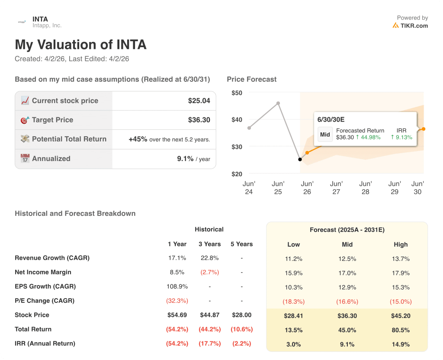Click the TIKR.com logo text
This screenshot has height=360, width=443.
(414, 26)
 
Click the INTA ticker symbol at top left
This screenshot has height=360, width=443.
(40, 19)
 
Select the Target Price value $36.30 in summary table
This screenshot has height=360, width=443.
(199, 120)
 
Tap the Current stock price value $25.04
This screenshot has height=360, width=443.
(199, 101)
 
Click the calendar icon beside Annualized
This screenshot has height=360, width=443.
(25, 158)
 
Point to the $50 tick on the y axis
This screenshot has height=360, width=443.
(237, 93)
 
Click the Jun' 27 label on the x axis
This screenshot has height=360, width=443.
(336, 187)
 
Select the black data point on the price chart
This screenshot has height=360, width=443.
(300, 159)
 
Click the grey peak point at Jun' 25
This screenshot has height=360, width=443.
(278, 103)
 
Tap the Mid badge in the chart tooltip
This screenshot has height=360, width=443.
(325, 135)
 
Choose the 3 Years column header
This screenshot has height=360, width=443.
(210, 244)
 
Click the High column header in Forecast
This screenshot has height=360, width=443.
(401, 244)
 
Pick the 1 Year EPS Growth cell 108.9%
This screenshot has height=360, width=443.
(177, 286)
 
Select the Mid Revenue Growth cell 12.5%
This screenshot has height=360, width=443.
(347, 259)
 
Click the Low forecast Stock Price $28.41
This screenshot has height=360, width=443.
(293, 316)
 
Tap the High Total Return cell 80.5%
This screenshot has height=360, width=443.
(401, 330)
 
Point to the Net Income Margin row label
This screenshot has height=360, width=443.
(43, 272)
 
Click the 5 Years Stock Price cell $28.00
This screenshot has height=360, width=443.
(241, 315)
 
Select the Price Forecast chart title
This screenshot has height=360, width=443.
(251, 79)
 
